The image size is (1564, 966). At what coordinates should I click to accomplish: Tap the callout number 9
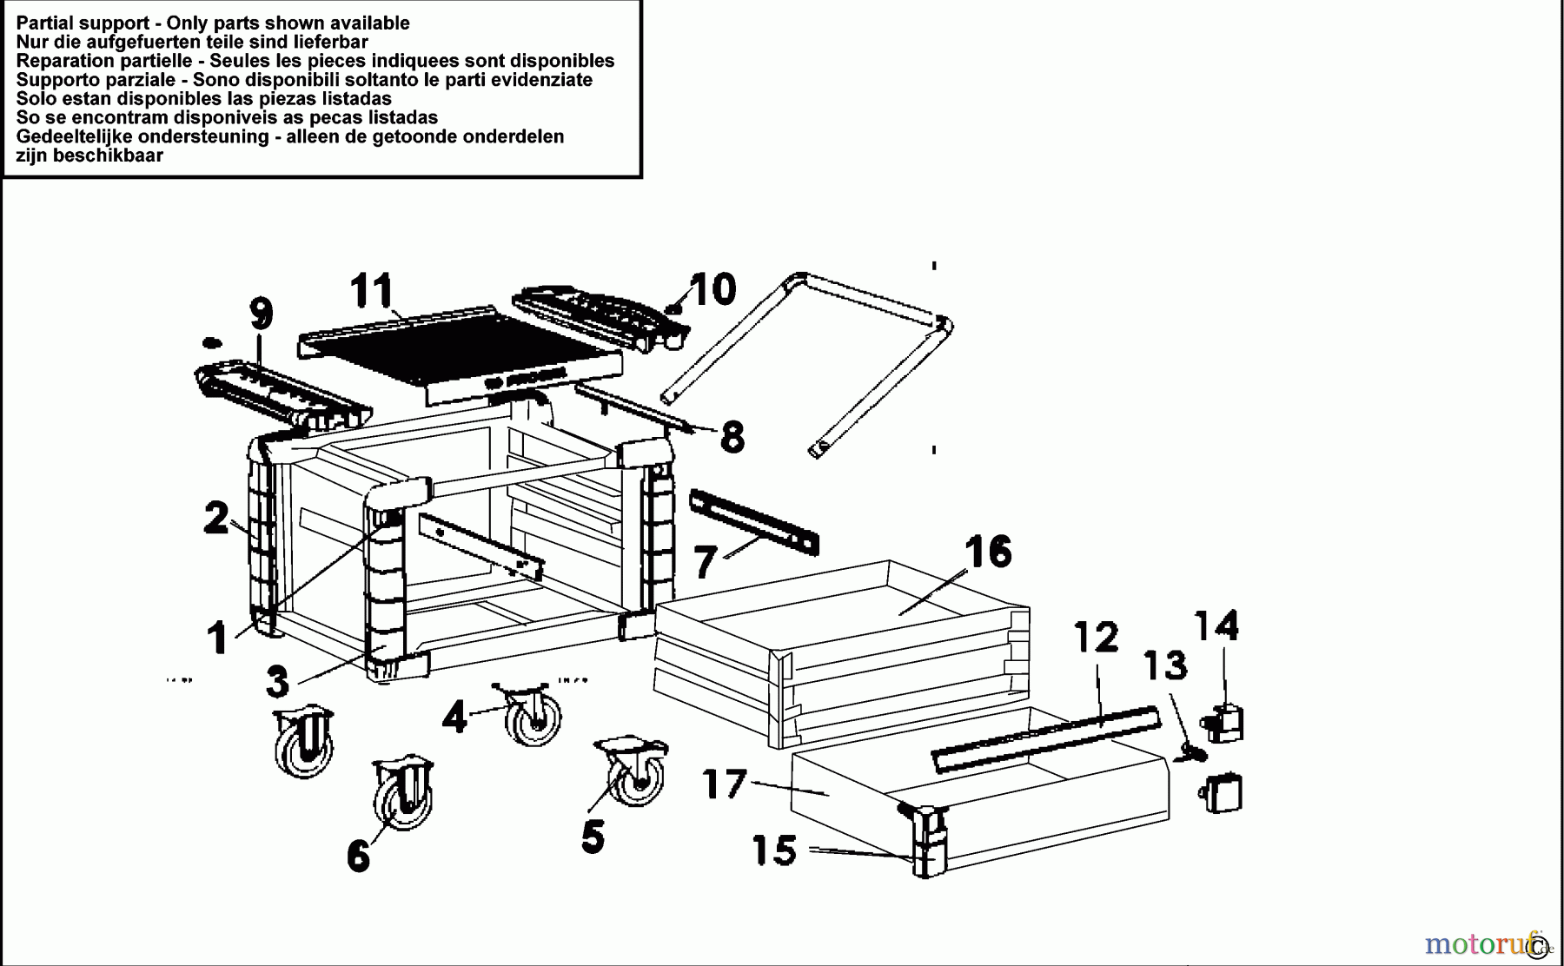(x=261, y=314)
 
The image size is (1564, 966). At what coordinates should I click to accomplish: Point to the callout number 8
(x=732, y=437)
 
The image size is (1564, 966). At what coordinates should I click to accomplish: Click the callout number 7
(x=705, y=562)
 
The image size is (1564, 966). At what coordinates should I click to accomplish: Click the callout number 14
(x=1216, y=625)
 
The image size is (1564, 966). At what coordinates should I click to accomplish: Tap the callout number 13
(x=1164, y=666)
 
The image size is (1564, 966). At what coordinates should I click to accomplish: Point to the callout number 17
(x=724, y=785)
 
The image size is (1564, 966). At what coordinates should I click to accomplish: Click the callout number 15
(x=774, y=850)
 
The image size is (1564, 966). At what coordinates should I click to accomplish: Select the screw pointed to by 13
(x=1192, y=754)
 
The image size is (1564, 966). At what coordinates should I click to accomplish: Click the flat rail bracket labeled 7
(x=754, y=521)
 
